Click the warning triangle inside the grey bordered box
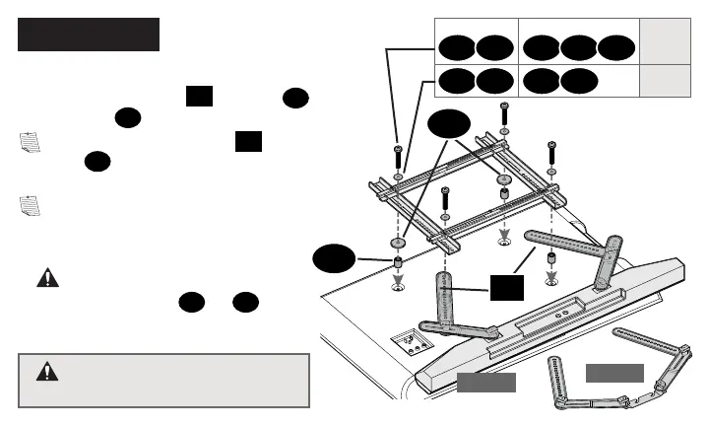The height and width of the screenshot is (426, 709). click(46, 372)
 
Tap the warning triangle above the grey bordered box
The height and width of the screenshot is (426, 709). click(46, 278)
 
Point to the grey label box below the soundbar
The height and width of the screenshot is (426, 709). click(485, 383)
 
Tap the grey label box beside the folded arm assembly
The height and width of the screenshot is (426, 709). click(614, 373)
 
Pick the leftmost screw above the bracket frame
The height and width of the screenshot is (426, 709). click(397, 155)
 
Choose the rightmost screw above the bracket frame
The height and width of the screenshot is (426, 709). click(551, 150)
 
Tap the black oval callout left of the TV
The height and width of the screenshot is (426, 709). click(334, 260)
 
